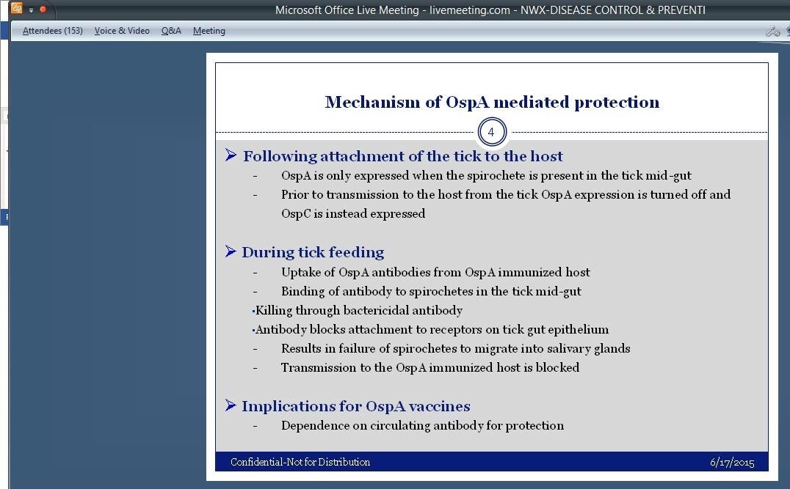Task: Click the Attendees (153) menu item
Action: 52,31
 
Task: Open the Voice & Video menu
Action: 122,31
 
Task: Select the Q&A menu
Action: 171,31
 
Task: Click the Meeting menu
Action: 209,31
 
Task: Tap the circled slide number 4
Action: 491,132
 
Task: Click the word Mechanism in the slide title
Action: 373,102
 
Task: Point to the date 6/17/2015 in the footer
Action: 732,462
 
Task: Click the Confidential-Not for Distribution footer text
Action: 300,462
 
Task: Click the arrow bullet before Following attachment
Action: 231,155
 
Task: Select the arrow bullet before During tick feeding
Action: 231,251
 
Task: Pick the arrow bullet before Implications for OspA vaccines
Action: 231,405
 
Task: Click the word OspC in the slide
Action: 297,214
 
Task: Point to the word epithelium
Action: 579,330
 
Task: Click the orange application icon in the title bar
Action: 16,9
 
